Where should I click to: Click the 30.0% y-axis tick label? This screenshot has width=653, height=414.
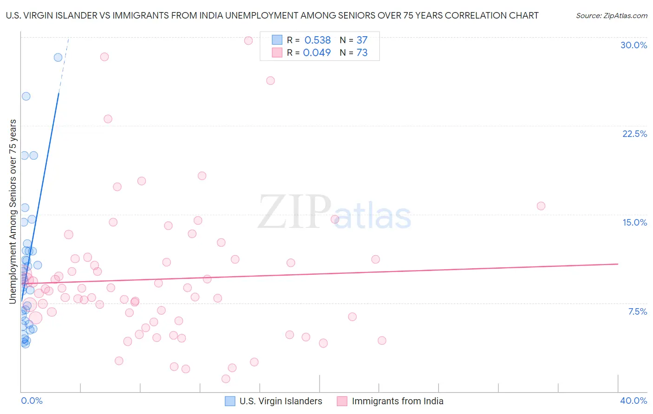pos(633,45)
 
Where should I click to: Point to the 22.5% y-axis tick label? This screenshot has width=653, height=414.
pos(634,134)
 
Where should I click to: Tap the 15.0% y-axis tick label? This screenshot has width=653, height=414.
pos(634,222)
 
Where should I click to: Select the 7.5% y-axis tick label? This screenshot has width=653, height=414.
pos(637,311)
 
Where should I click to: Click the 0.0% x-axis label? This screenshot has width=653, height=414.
pos(32,401)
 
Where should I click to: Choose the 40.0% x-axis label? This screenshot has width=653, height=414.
pos(633,401)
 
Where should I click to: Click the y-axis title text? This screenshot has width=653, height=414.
pos(13,212)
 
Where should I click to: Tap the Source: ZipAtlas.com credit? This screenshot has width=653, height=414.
pos(611,15)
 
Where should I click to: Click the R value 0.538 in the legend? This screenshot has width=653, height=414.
pos(318,40)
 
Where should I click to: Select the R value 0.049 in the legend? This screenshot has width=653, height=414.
pos(317,53)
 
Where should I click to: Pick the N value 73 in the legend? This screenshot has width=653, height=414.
pos(362,53)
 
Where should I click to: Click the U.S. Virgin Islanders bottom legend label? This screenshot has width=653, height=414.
pos(281,401)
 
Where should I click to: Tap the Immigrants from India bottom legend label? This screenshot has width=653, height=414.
pos(398,401)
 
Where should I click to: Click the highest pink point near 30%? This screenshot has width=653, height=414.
pos(248,40)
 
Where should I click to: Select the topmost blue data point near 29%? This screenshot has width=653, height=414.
pos(58,58)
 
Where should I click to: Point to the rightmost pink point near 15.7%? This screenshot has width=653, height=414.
pos(541,206)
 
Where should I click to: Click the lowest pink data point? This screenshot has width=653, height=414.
pos(226,379)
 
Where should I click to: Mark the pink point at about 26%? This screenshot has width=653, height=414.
pos(270,81)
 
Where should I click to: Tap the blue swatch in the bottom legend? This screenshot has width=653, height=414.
pos(230,401)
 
